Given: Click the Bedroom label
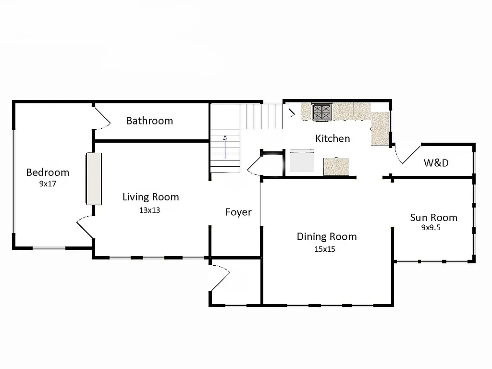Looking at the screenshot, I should (x=48, y=172).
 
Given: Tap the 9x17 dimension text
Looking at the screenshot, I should (x=48, y=184).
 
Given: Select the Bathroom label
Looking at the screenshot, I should (x=149, y=121).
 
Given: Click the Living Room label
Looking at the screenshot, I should (x=150, y=197).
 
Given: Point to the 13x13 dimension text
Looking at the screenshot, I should (x=149, y=210).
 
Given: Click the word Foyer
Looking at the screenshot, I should (x=238, y=212).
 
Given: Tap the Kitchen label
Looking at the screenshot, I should (x=332, y=138).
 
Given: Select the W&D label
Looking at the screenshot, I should (x=436, y=163).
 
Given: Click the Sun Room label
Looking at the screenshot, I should (x=433, y=218).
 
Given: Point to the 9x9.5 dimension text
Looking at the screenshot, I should (x=430, y=228).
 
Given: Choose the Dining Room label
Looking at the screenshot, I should (x=327, y=236).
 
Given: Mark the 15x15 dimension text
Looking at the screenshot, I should (x=325, y=249).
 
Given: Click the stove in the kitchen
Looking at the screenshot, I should (x=322, y=112).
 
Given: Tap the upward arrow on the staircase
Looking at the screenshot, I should (x=225, y=147).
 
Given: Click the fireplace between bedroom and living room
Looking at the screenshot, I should (x=94, y=179).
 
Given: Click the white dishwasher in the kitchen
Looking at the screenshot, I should (x=302, y=161).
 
